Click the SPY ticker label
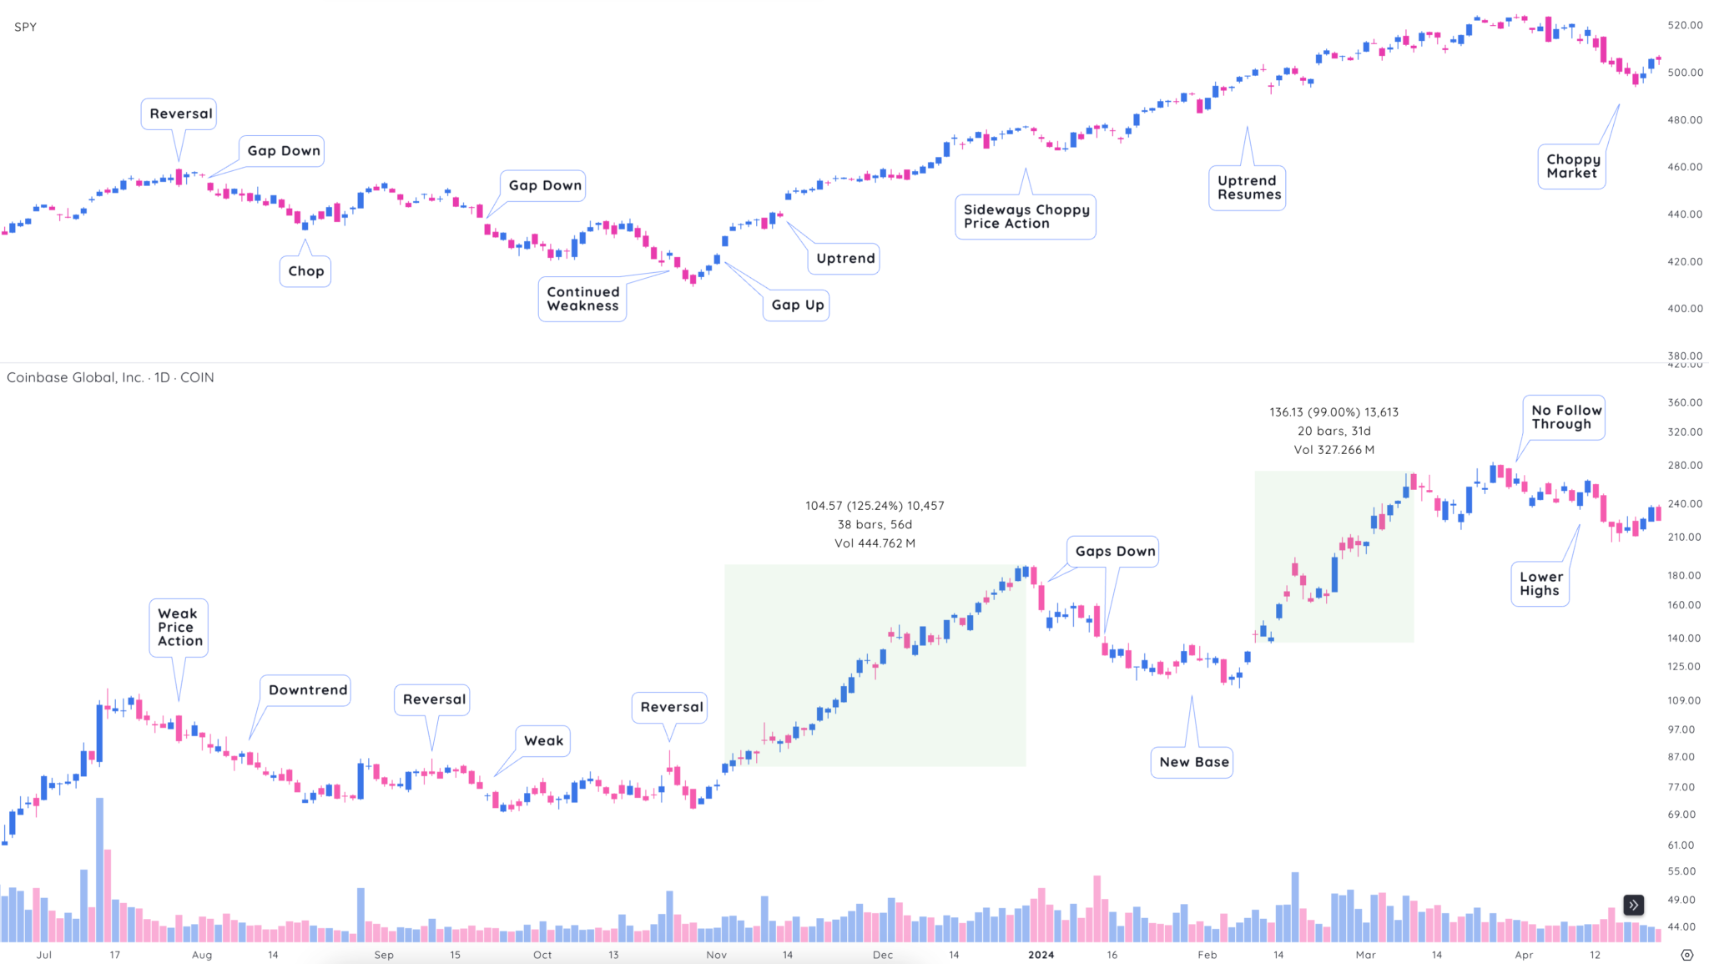25,27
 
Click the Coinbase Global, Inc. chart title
110,377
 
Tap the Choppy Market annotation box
1572,166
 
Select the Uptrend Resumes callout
1248,188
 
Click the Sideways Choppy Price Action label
1026,217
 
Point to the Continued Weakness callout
582,299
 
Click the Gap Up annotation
797,305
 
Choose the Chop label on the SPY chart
305,271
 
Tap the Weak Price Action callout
179,628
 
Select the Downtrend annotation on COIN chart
306,690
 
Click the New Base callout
1192,762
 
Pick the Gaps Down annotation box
1114,552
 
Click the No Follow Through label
1565,417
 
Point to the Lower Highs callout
1540,583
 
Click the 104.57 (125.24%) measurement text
875,506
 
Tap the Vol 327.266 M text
1333,450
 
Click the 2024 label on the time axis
1041,955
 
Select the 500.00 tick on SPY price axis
1684,73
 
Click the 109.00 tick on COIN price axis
1683,701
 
